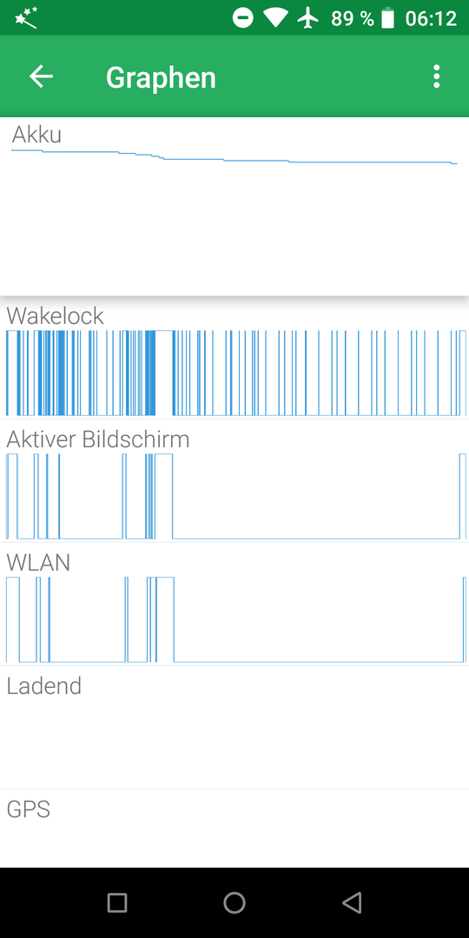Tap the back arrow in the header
tap(42, 76)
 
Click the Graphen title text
tap(161, 78)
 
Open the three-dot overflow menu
tap(437, 76)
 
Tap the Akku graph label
tap(36, 135)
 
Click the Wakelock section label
tap(55, 316)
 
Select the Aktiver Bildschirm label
tap(98, 439)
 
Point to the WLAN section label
tap(38, 562)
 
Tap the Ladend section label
tap(43, 685)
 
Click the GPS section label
tap(28, 809)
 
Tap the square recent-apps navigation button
tap(117, 902)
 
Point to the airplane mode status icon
tap(308, 18)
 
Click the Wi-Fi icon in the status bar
tap(276, 18)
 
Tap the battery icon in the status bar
tap(388, 18)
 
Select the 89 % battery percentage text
tap(353, 18)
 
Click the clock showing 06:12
tap(431, 18)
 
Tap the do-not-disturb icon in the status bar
tap(243, 18)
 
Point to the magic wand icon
tap(26, 18)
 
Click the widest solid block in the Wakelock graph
tap(150, 373)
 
